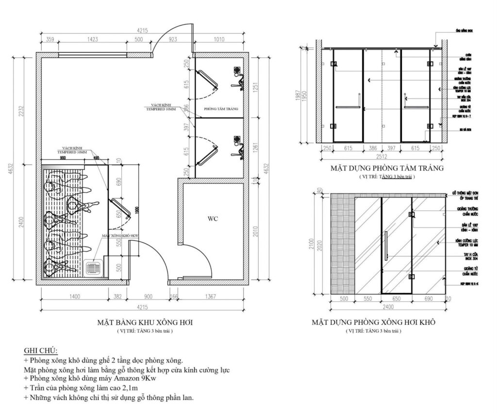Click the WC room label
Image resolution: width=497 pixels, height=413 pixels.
click(x=213, y=218)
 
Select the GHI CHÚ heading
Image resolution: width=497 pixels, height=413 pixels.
click(x=41, y=350)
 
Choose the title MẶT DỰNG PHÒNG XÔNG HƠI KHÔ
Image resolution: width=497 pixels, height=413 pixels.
click(x=373, y=322)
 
